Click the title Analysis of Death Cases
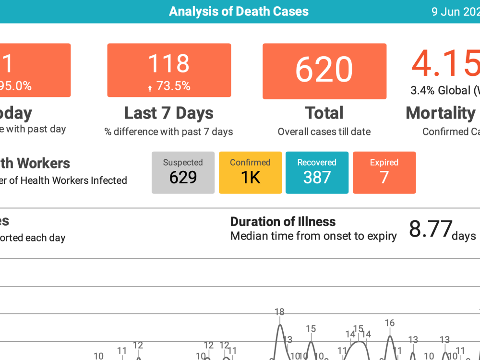click(239, 12)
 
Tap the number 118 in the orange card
click(169, 64)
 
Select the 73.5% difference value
click(173, 86)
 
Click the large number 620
click(324, 70)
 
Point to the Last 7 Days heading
click(169, 113)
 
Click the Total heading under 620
click(324, 113)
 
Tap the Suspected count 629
click(183, 178)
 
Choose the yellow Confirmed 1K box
click(251, 173)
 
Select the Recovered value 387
click(317, 178)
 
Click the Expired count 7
click(384, 178)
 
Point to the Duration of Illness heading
click(283, 222)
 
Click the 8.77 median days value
click(431, 229)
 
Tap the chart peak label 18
click(279, 312)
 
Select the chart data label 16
click(390, 323)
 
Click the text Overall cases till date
click(324, 132)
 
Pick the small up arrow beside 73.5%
click(150, 88)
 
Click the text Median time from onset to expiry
click(313, 236)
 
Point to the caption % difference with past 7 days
click(169, 132)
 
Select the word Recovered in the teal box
click(317, 162)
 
